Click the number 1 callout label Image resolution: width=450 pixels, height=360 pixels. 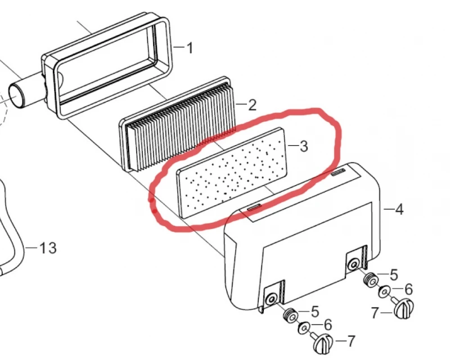point(190,48)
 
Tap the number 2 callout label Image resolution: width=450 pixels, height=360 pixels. point(251,105)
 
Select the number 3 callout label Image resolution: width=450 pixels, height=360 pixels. point(303,146)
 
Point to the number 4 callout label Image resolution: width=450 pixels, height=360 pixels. point(399,209)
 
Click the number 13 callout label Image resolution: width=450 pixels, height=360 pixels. point(48,247)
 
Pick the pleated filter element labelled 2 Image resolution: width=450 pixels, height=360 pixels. point(178,124)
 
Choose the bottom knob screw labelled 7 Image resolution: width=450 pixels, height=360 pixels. point(323,343)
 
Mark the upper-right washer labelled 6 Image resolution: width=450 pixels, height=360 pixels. point(385,292)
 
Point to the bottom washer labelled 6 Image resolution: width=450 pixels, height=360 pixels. point(304,328)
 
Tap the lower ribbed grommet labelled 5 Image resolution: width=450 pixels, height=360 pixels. point(290,316)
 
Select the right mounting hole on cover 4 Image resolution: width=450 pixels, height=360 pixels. point(353,264)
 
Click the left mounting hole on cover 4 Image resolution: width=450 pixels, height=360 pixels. point(271,299)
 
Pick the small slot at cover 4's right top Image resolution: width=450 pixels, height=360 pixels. point(338,172)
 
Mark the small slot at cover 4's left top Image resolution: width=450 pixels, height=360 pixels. point(254,207)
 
